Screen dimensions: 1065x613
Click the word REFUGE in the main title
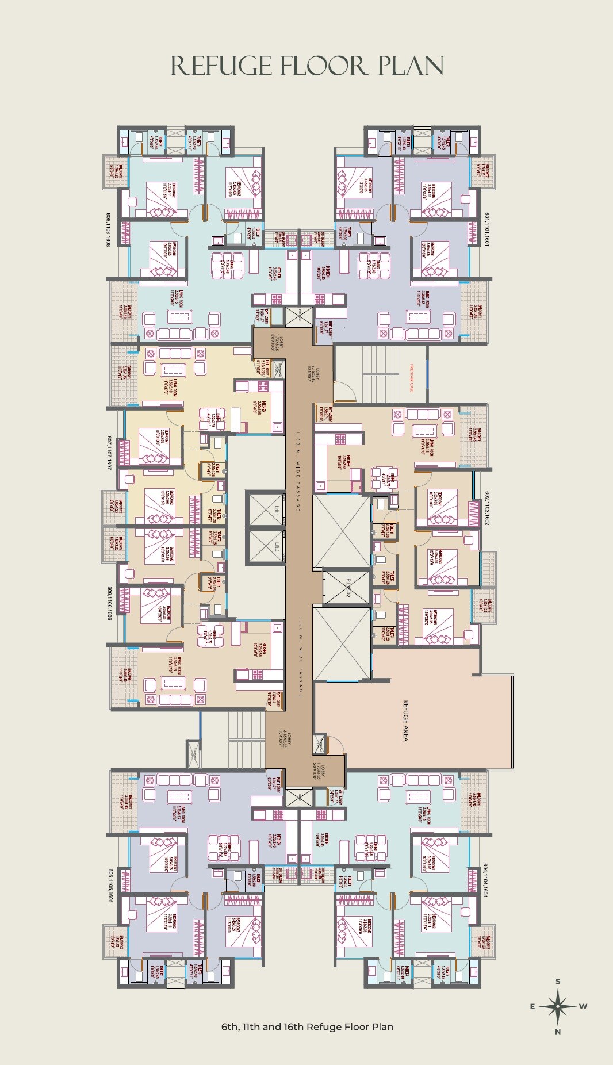(221, 66)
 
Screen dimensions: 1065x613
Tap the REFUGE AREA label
(405, 721)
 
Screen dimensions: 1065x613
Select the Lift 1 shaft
(265, 508)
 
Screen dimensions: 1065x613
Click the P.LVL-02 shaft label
(347, 587)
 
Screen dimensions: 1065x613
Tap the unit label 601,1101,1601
(486, 229)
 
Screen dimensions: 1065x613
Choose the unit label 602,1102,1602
(486, 507)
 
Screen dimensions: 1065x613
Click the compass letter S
(558, 982)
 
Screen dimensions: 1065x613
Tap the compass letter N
(558, 1032)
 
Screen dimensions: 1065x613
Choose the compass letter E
(532, 1006)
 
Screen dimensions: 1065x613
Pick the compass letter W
(583, 1006)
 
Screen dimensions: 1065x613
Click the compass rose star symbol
(558, 1006)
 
